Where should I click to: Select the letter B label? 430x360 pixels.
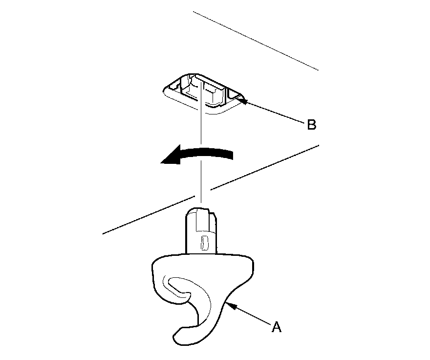point(311,125)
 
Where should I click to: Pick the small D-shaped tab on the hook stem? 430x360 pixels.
point(205,242)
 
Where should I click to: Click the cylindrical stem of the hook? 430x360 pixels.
point(202,232)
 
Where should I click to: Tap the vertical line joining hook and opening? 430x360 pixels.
point(200,147)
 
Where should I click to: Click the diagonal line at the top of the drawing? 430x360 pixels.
point(254,39)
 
